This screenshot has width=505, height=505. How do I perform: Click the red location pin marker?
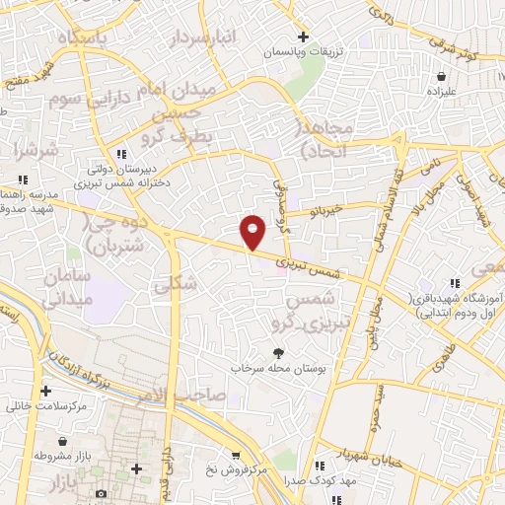coord(253,231)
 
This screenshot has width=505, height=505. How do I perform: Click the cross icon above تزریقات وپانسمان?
coord(303,36)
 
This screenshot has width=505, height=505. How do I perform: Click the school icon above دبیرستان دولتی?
coord(121,154)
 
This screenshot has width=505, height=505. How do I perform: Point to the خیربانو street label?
coord(323,209)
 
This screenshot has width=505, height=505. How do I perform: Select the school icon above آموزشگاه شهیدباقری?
coord(455,283)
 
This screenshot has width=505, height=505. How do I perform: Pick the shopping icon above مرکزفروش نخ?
coord(236,455)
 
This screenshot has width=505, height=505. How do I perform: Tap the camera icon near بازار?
coord(101,493)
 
